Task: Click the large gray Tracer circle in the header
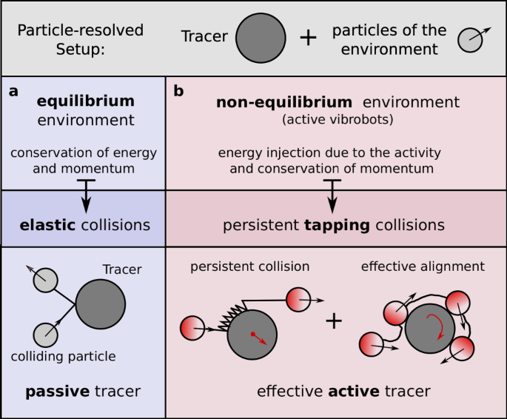[x=261, y=38]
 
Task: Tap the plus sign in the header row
[x=307, y=38]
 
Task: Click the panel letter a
[x=13, y=92]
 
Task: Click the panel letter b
[x=178, y=92]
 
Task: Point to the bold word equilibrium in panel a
[x=86, y=101]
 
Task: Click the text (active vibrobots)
[x=338, y=119]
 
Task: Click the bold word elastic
[x=48, y=224]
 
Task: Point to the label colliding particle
[x=64, y=356]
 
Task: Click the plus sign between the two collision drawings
[x=334, y=320]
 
